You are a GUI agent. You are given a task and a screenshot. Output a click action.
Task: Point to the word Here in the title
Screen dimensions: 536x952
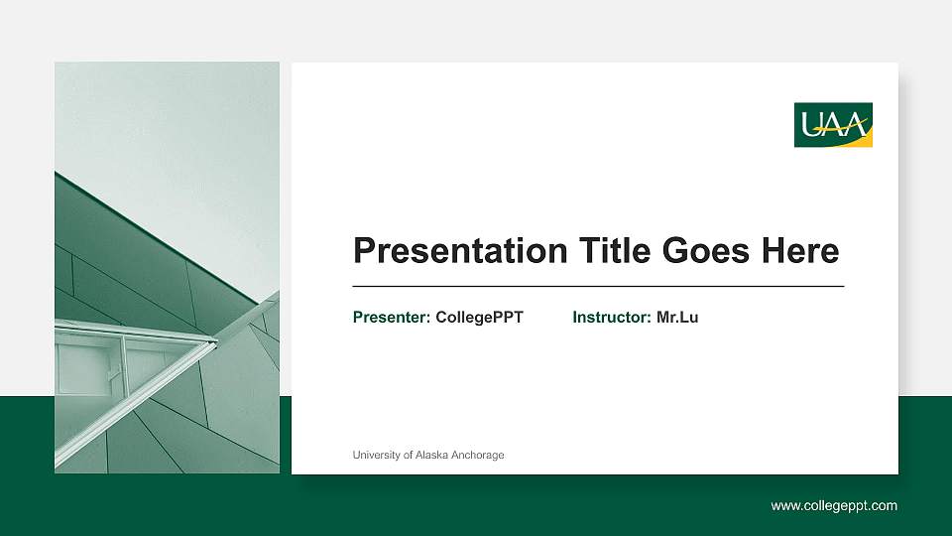click(x=799, y=251)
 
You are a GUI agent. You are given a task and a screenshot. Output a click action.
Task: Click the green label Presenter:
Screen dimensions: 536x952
click(x=392, y=318)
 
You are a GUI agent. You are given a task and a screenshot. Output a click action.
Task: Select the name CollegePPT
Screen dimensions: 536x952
click(x=479, y=318)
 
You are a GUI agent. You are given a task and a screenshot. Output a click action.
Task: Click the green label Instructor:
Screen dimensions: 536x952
click(x=612, y=318)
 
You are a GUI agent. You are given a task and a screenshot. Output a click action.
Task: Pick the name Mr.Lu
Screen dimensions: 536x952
click(x=677, y=318)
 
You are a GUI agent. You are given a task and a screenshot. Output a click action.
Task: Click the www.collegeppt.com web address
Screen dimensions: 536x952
click(x=834, y=506)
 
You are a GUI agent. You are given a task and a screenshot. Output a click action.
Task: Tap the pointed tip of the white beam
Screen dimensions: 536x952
click(x=214, y=342)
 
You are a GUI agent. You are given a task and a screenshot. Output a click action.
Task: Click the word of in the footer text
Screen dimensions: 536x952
click(x=410, y=456)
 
